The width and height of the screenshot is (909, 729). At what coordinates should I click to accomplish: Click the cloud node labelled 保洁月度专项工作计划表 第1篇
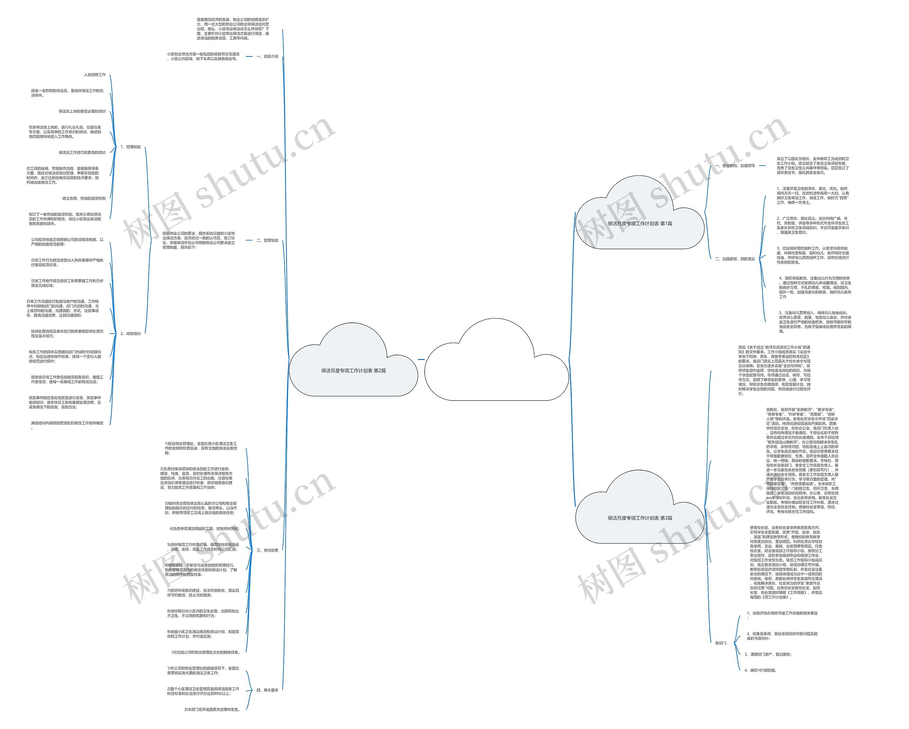coord(639,223)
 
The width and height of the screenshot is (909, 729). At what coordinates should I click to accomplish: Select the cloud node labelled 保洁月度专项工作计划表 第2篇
coord(353,371)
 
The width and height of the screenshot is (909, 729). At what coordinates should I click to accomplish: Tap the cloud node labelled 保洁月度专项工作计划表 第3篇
coord(639,518)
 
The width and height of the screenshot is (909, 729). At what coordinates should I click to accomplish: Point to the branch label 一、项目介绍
coord(267,56)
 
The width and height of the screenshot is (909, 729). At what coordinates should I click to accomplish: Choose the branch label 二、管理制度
coord(267,240)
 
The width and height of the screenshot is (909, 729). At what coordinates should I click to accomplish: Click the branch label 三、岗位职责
coord(267,550)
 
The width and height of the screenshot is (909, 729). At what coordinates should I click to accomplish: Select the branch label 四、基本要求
coord(267,690)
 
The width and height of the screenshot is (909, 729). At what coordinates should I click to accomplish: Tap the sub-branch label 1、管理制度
coord(131,147)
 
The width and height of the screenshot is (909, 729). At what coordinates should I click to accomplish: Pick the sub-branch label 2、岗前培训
coord(131,333)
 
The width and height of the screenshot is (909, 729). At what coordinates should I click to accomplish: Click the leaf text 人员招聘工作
coord(95,75)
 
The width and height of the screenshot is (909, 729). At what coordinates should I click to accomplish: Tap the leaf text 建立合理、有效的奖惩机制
coord(84,198)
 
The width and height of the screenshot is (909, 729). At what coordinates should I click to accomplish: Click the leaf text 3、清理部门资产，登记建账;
coord(768,654)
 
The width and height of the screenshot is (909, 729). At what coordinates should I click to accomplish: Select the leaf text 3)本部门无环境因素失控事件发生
coord(212,709)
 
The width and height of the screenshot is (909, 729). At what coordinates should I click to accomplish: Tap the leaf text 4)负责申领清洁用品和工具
coord(205,529)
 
